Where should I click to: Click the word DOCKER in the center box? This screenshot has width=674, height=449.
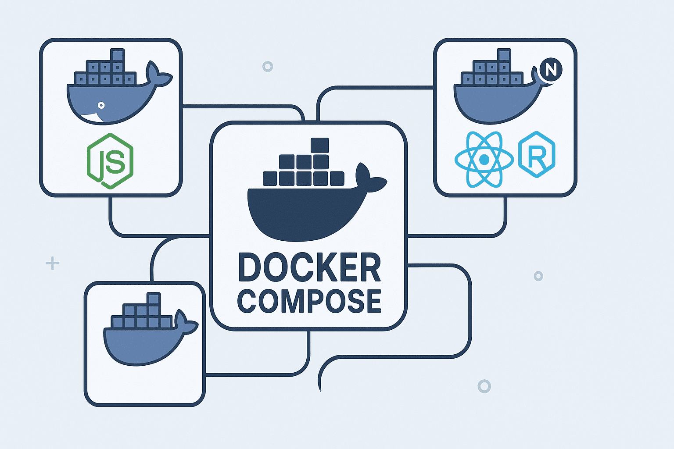[309, 267]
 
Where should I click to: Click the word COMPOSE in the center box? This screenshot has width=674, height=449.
[309, 301]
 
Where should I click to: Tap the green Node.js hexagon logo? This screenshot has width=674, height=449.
[110, 161]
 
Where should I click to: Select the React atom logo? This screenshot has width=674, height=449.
[484, 160]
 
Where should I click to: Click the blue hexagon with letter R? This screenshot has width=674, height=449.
[537, 154]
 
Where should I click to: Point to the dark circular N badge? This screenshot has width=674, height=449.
[551, 70]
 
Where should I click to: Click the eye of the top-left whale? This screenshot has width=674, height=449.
[101, 105]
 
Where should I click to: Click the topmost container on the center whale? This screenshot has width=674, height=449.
[319, 146]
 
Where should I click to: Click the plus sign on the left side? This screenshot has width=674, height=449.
[52, 264]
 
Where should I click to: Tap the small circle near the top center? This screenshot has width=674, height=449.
[268, 67]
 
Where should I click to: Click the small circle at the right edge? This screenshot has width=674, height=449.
[538, 276]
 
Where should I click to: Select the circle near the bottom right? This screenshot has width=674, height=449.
[484, 386]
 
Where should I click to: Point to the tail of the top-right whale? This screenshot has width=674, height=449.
[538, 77]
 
